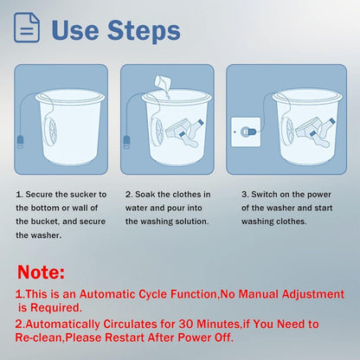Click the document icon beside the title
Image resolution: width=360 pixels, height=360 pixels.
[x=27, y=28]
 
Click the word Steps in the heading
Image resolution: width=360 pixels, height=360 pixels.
[x=144, y=31]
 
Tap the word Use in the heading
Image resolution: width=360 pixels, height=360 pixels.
[x=75, y=30]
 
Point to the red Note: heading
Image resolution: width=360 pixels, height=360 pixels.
[x=41, y=272]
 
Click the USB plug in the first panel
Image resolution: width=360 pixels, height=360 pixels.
[x=20, y=142]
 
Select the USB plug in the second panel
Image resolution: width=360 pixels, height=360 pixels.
[x=126, y=142]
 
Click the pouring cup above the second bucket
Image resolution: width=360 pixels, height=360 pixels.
[x=164, y=82]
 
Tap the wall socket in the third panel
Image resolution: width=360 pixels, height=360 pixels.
[x=246, y=132]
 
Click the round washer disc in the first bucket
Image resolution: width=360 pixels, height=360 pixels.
[x=51, y=133]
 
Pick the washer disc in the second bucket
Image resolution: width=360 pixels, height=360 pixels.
[x=157, y=133]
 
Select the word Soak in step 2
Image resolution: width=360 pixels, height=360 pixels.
[x=145, y=195]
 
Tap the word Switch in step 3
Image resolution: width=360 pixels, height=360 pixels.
[x=264, y=195]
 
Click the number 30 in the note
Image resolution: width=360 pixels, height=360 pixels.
[x=186, y=324]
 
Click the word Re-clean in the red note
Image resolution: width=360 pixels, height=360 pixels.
[x=39, y=337]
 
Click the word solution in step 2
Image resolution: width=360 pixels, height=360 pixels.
[x=191, y=222]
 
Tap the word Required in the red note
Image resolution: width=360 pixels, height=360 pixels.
[x=56, y=308]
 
